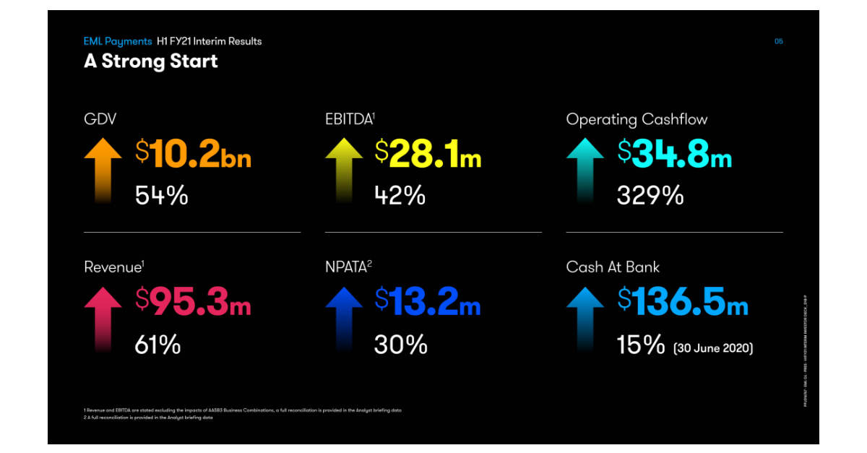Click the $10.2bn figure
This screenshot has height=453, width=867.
193,154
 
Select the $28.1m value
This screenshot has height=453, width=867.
428,154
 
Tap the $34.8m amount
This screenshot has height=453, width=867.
675,154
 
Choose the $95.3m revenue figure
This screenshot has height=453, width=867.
193,301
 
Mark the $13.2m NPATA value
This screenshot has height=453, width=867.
428,301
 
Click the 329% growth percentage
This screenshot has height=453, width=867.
650,195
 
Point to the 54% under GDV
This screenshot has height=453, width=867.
161,195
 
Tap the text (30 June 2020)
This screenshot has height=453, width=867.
713,348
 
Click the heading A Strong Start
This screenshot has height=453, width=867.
150,61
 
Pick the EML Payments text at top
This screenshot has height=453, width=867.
118,41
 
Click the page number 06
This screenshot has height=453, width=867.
778,41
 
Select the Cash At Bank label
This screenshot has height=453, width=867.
613,267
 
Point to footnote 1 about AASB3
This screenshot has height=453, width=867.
243,410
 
